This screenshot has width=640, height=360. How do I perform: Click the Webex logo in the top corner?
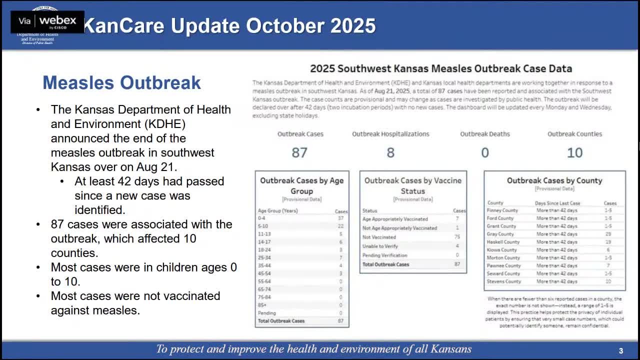pos(47,21)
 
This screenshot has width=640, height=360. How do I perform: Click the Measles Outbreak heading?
pos(121,82)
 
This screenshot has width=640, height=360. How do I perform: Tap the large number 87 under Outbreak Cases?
pos(299,152)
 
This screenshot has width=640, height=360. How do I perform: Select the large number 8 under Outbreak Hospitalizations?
pos(390,152)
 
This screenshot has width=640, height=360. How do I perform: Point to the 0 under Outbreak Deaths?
pos(484,152)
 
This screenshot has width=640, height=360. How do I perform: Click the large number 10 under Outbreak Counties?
pos(574,152)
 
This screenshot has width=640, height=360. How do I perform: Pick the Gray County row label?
pos(500,234)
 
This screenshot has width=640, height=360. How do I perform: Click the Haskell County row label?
pos(503,242)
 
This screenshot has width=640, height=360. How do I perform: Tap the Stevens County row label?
pos(504,281)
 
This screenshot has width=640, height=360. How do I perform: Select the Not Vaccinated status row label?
pos(379,237)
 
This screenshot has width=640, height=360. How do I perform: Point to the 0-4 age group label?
pos(261,218)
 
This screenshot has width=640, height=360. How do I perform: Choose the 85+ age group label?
pos(262,305)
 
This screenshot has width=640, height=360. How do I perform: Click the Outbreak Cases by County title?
pos(554,180)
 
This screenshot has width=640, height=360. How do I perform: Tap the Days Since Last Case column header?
pos(557,203)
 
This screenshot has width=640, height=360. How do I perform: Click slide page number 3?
pos(621,351)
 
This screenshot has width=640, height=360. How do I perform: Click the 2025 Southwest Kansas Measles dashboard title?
pos(440,68)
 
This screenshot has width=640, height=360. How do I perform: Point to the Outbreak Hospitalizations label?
pos(390,134)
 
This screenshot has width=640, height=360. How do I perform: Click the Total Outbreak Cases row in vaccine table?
pos(385,264)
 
